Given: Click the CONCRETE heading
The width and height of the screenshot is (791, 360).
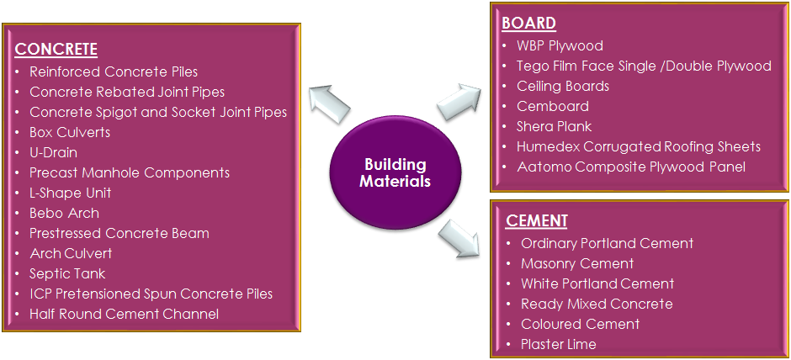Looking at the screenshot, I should [56, 49].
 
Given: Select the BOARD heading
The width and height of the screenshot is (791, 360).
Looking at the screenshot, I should [528, 23].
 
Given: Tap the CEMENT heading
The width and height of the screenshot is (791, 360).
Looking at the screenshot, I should [537, 221].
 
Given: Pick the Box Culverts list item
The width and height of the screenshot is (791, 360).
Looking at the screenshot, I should [70, 132].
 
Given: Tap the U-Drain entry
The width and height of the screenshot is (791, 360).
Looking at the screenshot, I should [53, 152].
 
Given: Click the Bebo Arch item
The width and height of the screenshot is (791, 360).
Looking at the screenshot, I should [64, 213].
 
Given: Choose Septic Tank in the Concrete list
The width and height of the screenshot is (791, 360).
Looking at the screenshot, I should [67, 273].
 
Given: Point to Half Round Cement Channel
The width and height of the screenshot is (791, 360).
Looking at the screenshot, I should [124, 314].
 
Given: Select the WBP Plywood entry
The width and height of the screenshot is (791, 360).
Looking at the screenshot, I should [560, 45].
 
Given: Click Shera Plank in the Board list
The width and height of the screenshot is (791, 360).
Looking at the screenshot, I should [554, 126].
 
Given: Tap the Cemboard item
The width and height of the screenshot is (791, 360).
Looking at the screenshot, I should [552, 106].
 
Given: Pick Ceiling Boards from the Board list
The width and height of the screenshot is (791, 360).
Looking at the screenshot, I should [563, 86].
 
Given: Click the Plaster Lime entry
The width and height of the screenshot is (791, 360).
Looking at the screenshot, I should [558, 344].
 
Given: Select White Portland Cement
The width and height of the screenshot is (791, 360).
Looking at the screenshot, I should [597, 283].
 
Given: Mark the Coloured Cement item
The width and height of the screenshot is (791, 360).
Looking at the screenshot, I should [580, 324].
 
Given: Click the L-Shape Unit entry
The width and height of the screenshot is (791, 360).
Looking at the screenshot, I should [71, 193].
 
